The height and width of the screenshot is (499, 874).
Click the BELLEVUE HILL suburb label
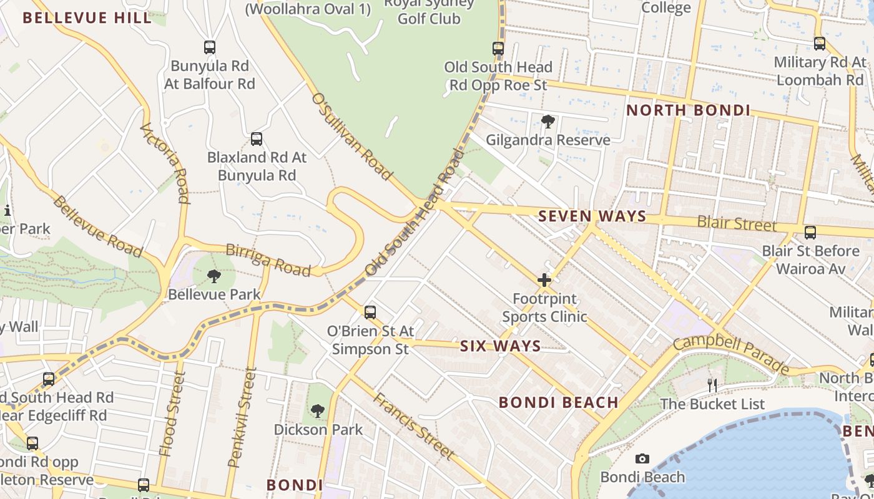tap(87, 18)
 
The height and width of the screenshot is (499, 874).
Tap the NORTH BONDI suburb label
tap(688, 110)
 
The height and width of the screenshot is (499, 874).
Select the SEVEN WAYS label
tap(592, 216)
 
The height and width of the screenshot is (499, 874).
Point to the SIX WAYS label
tap(500, 346)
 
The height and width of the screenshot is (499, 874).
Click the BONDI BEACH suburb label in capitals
tap(558, 402)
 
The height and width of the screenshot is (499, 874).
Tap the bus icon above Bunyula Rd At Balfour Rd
tap(210, 47)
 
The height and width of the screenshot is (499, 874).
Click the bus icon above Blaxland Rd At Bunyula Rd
tap(257, 139)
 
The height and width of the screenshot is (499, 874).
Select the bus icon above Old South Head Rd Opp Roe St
tap(498, 48)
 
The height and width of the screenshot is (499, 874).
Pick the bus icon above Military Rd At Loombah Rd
tap(820, 44)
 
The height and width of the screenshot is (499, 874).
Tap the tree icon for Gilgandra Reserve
tap(548, 122)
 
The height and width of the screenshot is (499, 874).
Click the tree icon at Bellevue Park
tap(214, 276)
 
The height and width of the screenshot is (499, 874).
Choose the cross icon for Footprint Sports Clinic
tap(544, 280)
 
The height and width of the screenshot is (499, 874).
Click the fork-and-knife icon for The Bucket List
tap(712, 385)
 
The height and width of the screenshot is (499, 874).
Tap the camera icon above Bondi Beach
tap(642, 459)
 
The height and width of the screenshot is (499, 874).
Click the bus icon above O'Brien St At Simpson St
tap(370, 312)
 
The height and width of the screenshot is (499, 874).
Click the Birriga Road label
tap(268, 260)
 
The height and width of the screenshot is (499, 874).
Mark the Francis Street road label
tap(414, 426)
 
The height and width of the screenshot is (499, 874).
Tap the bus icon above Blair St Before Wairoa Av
tap(810, 233)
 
